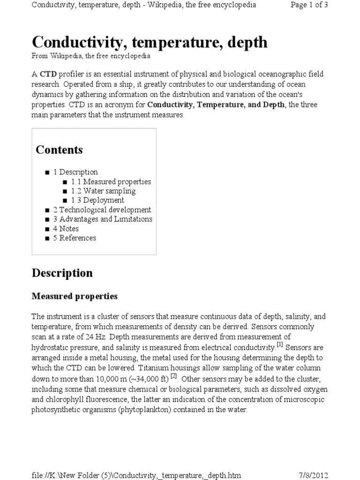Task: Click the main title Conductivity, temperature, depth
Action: tap(150, 42)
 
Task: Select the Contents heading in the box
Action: tap(59, 150)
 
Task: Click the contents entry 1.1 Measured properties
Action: tap(111, 181)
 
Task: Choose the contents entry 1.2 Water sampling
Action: tap(103, 191)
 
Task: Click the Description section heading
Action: tap(62, 273)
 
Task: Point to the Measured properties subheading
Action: tap(74, 296)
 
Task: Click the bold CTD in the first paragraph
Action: tap(48, 75)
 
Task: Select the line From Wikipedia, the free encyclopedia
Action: tap(91, 56)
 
